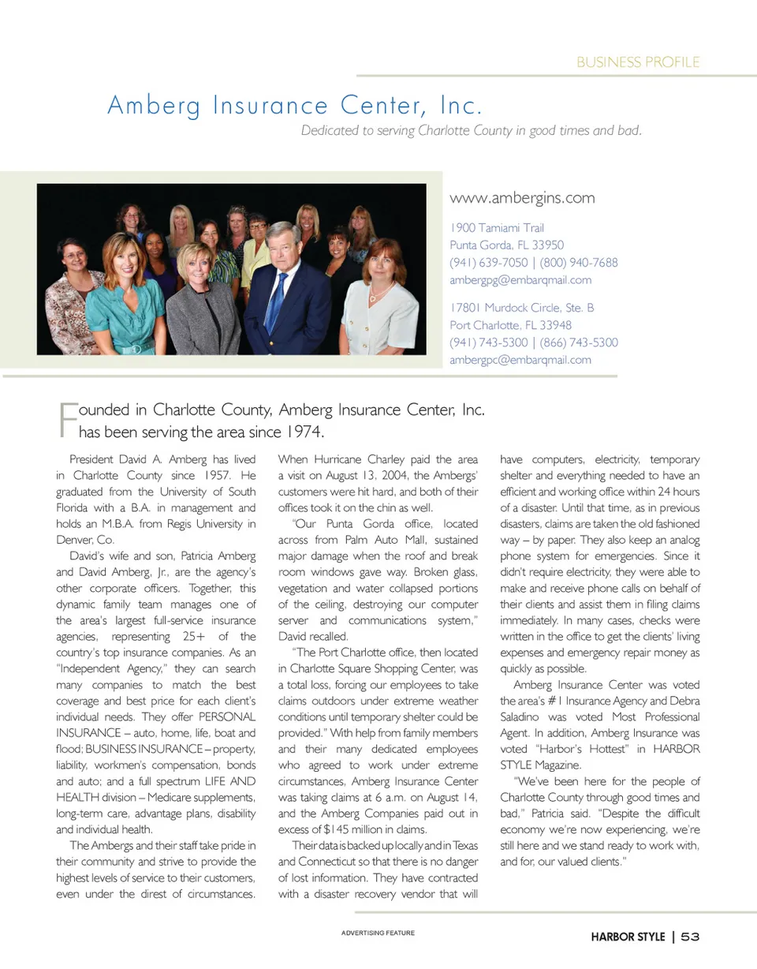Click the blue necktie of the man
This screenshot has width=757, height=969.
[x=276, y=304]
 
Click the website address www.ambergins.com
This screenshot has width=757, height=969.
[x=521, y=198]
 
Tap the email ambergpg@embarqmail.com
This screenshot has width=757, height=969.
[x=520, y=280]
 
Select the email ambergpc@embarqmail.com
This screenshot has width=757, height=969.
[x=520, y=361]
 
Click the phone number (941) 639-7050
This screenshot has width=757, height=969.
[x=488, y=263]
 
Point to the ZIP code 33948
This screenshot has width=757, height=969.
[x=556, y=325]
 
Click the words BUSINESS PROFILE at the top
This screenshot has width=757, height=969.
[x=638, y=62]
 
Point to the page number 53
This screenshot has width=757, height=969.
[x=691, y=937]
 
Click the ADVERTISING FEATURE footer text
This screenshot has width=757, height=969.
[x=378, y=933]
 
